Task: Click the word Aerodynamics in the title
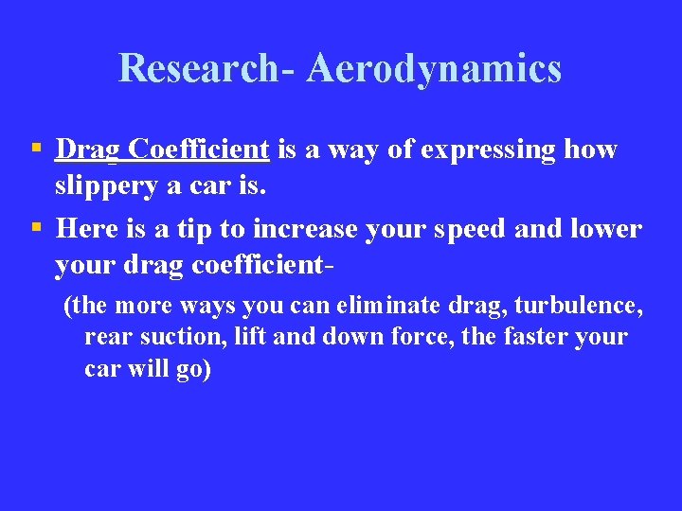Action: click(x=434, y=68)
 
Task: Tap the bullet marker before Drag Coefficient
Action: click(x=35, y=148)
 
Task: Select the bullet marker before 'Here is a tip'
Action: click(x=35, y=227)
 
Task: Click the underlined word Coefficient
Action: click(x=200, y=150)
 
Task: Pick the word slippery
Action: click(x=104, y=185)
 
